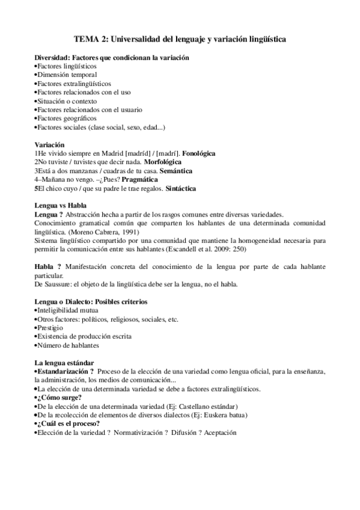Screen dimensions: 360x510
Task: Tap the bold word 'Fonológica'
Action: tap(198, 153)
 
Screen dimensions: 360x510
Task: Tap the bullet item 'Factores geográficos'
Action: tap(66, 118)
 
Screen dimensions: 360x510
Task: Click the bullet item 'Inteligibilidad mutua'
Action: tap(67, 310)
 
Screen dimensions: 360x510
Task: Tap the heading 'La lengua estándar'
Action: tap(64, 363)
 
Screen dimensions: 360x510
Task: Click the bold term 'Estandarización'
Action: tap(62, 372)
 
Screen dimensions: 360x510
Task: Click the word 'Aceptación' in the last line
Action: tap(220, 432)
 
